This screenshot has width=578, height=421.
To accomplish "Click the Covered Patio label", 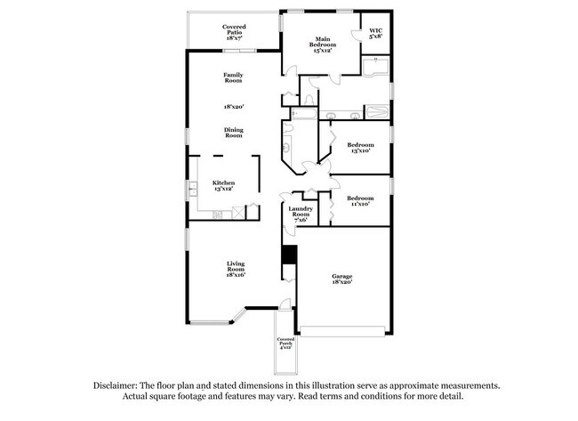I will click(235, 32).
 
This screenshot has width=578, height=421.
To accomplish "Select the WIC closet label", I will click(375, 33).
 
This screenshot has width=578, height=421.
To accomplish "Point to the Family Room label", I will click(233, 77).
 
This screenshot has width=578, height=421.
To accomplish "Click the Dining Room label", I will click(233, 133).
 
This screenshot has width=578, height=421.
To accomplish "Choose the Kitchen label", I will click(223, 185).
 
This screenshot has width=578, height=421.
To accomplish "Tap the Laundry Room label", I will click(301, 215).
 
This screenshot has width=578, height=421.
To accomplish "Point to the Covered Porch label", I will click(285, 344).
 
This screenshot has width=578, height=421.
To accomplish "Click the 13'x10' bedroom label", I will click(359, 148).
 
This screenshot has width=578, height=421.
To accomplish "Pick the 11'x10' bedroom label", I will click(359, 200).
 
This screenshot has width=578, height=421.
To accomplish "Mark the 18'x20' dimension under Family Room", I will click(233, 106).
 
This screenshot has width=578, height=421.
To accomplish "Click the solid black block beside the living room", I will click(287, 255).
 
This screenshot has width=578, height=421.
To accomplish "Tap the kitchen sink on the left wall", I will click(192, 189).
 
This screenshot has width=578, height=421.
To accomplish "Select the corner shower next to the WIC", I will click(377, 68).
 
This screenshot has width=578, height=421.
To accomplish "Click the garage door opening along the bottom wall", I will click(342, 333).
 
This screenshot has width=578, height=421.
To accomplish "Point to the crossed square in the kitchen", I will click(238, 212).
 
